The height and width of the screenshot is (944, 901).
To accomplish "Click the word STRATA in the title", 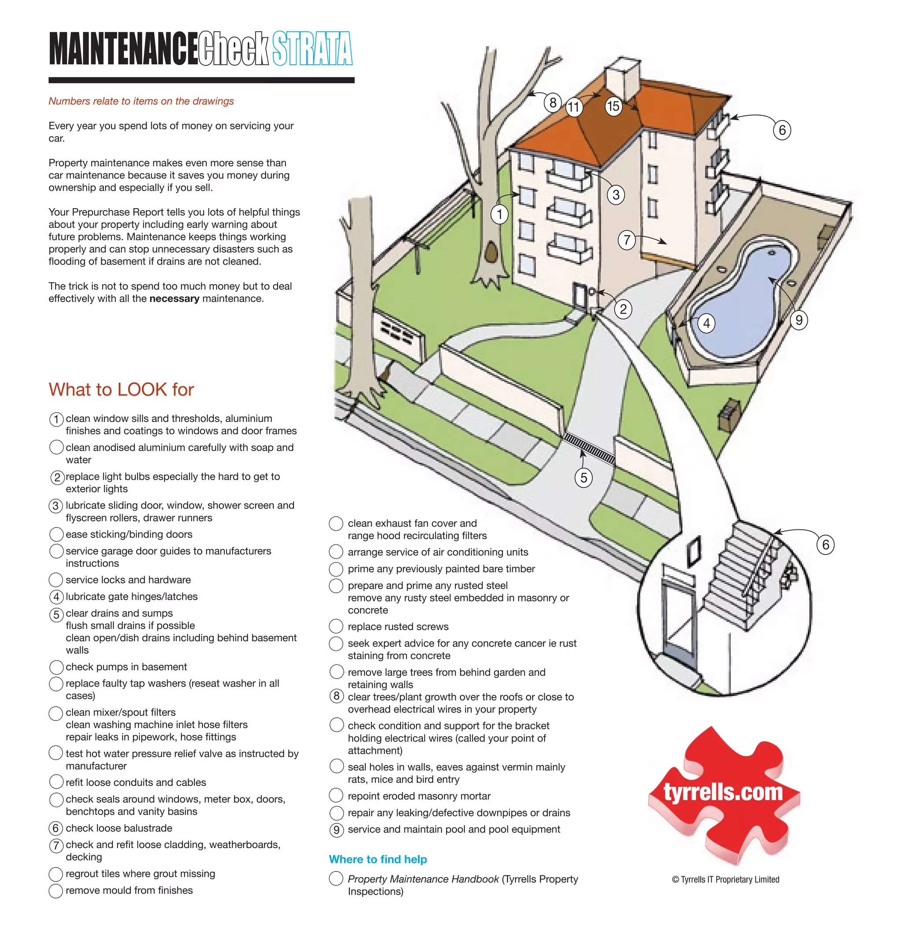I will click(312, 48).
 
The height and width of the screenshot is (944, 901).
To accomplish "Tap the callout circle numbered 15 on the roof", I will click(613, 106).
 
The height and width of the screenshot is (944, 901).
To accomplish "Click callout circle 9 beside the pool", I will click(798, 320).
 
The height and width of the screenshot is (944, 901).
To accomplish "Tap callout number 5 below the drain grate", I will click(583, 478).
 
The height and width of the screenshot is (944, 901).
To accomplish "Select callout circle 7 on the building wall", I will click(627, 239).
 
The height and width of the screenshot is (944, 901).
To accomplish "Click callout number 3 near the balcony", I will click(616, 195).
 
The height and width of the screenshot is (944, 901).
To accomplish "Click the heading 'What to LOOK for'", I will click(121, 389).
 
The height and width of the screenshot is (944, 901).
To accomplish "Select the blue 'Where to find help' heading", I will click(377, 859).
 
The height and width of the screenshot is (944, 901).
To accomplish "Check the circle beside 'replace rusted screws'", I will click(336, 626).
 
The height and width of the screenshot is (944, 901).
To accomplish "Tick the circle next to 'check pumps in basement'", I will click(56, 667).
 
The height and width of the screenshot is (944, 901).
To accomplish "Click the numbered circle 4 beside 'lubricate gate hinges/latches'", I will click(56, 597).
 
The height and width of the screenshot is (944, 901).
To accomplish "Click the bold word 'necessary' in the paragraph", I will click(174, 298).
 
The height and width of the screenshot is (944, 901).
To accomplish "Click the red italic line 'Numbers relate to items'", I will click(141, 101).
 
